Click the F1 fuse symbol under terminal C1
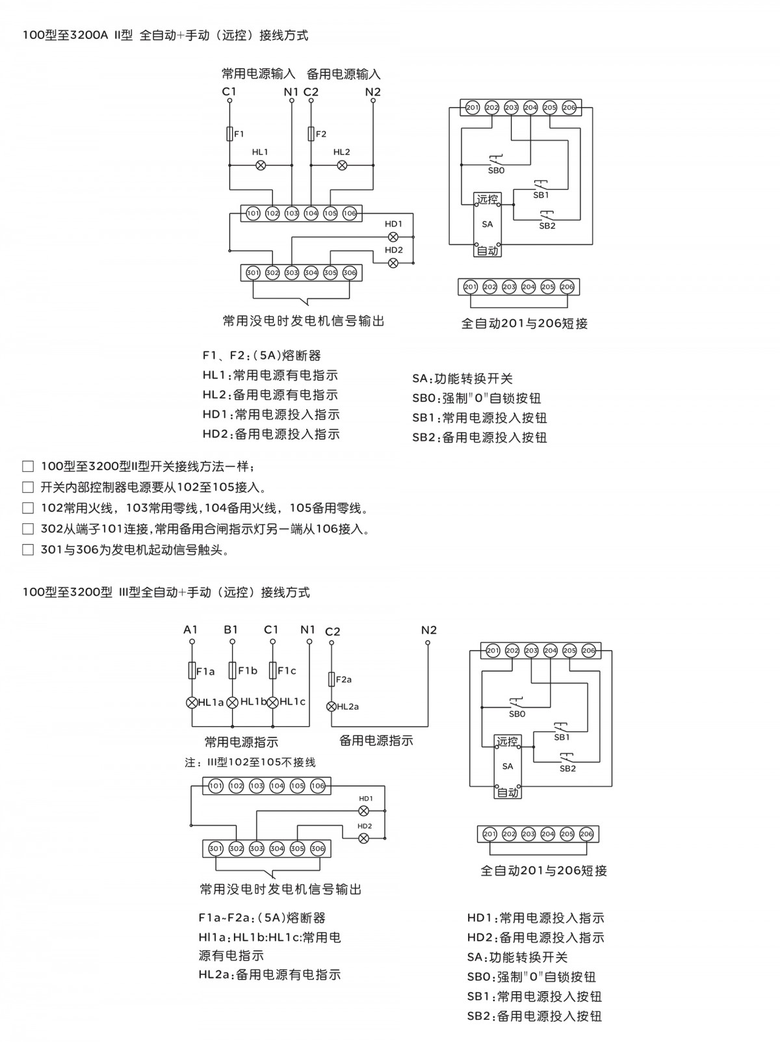pos(229,134)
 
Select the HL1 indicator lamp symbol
pos(261,165)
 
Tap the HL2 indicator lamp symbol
pos(342,165)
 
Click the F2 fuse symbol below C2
pos(311,134)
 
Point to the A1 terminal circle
pos(192,642)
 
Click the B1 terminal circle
pos(232,642)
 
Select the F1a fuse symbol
pos(192,671)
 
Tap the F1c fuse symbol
pos(273,671)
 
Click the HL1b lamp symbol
pos(232,702)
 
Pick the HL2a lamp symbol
pos(331,706)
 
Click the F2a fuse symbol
pos(331,679)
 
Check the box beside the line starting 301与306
pos(28,550)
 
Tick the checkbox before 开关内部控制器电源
pos(28,487)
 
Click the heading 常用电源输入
pos(258,73)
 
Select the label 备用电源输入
pos(343,74)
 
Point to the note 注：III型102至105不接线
pos(250,762)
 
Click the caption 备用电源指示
pos(376,740)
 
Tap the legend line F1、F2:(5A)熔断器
pos(261,356)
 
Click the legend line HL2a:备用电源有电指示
pos(269,974)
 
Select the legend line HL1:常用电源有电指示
pos(270,375)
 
